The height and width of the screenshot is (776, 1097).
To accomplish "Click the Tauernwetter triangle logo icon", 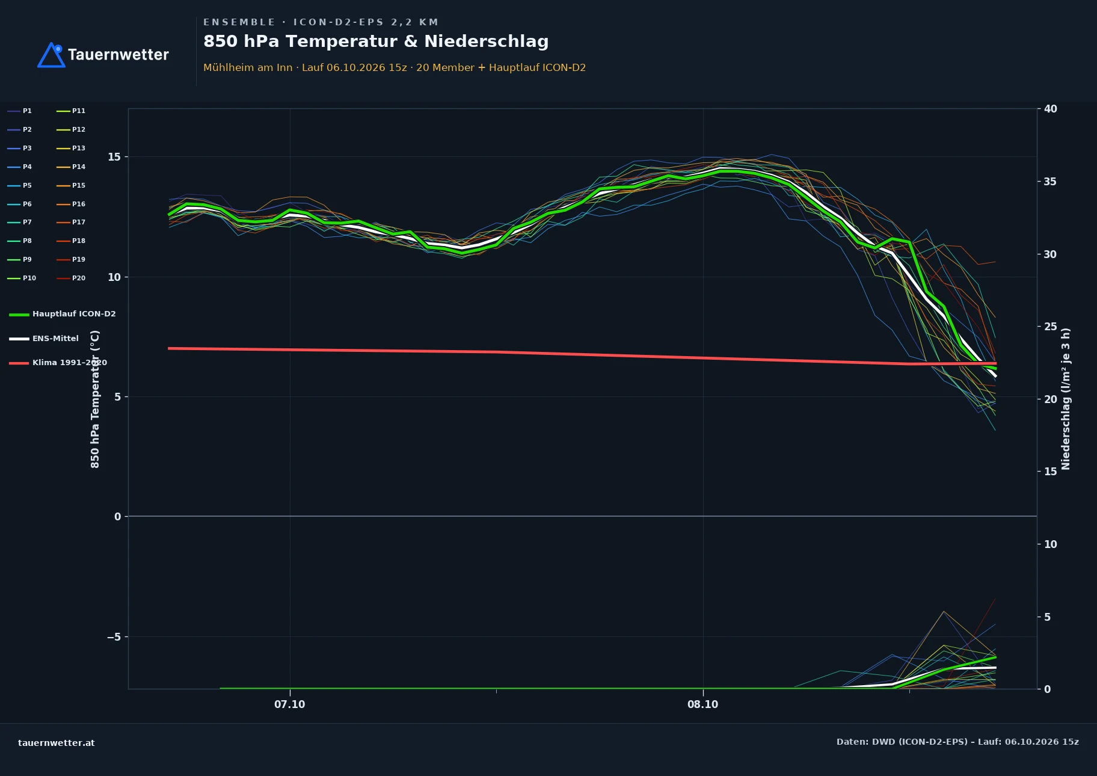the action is (x=51, y=55).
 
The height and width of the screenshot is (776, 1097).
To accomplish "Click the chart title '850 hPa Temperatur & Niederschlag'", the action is (x=376, y=42).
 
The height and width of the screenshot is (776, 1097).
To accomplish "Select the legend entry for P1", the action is (x=20, y=111).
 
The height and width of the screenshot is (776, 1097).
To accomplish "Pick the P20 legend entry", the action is (x=71, y=278).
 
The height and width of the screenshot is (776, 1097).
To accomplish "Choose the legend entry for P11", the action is (x=71, y=111).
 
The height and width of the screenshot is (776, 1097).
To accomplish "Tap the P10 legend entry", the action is (x=22, y=278).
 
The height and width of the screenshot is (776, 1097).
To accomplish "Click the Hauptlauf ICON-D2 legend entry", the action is (x=63, y=314).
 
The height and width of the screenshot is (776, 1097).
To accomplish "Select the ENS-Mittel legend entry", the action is (x=44, y=339).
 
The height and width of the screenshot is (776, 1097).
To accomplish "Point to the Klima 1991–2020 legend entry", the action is (x=58, y=363).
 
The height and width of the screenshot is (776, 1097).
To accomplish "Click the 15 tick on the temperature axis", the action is (x=114, y=157).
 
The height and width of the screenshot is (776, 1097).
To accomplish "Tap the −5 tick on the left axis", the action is (x=114, y=637).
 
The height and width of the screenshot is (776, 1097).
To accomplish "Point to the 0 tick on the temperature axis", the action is (x=117, y=517).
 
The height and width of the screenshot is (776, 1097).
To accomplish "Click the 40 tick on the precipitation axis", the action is (x=1050, y=109).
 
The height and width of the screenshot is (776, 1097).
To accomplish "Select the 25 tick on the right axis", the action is (x=1050, y=327).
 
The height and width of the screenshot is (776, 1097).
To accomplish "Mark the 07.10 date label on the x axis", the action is (x=290, y=704).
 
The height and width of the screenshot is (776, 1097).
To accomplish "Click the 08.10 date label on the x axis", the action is (x=703, y=704).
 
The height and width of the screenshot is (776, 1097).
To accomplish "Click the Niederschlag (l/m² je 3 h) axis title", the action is (x=1066, y=399).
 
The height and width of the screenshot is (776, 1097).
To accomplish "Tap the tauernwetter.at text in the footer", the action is (x=57, y=743).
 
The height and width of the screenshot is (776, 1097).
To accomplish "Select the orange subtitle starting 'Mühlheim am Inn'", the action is (x=395, y=67).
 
